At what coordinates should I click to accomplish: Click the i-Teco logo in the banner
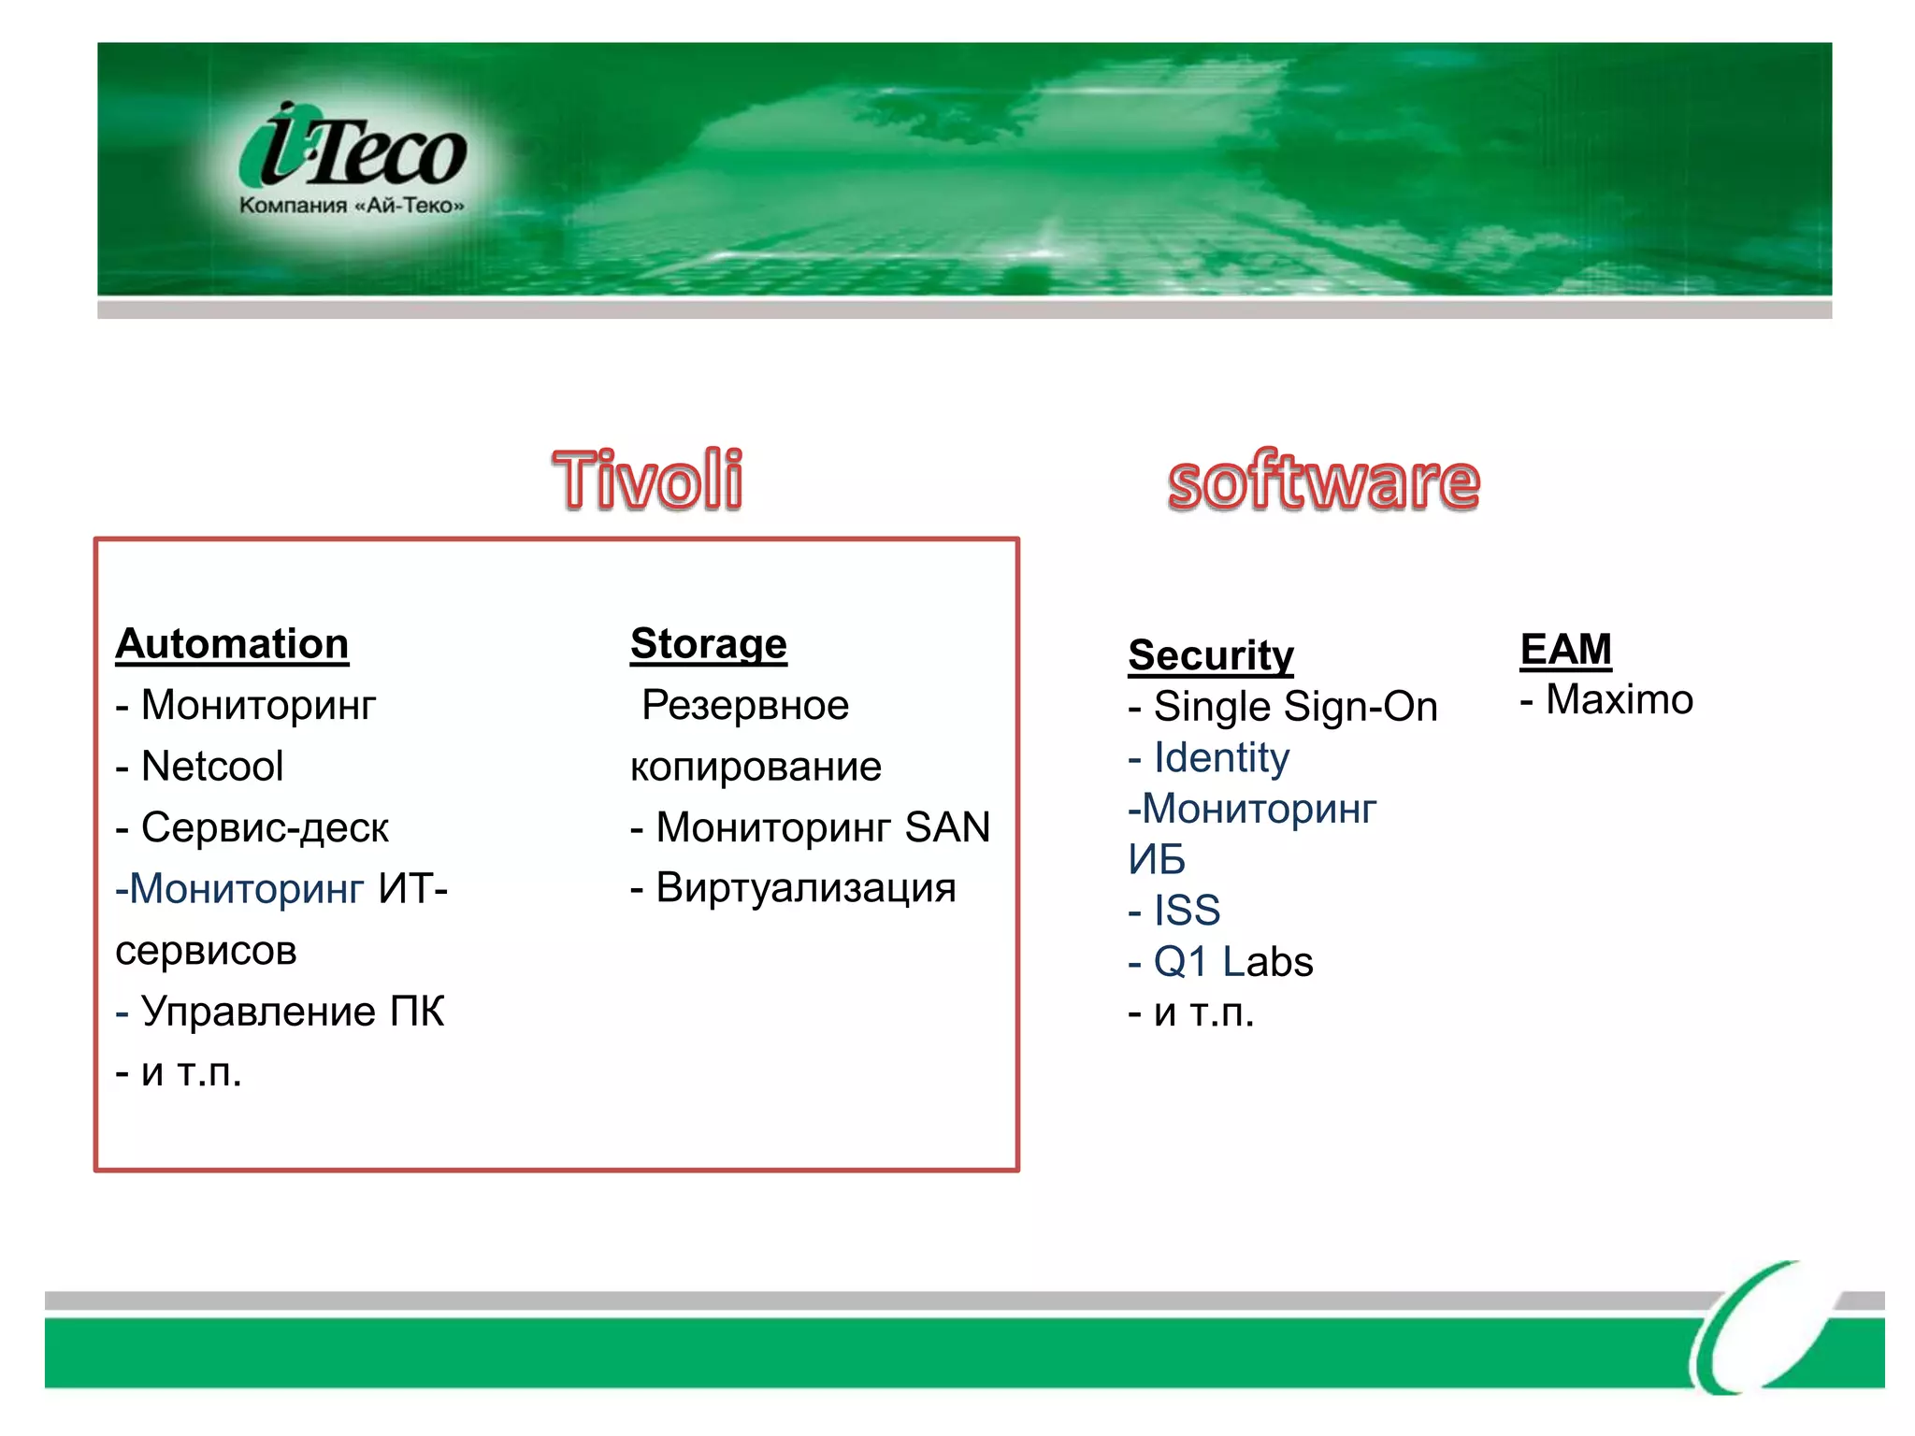[x=353, y=150]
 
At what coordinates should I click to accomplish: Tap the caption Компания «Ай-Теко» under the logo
[x=352, y=206]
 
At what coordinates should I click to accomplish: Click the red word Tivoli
[x=648, y=481]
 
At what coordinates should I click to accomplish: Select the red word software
[x=1323, y=482]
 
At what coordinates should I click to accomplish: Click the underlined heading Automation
[x=232, y=644]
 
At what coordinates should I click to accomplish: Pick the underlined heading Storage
[x=709, y=644]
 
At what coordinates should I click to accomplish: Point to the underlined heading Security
[x=1211, y=655]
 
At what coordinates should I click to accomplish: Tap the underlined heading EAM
[x=1565, y=649]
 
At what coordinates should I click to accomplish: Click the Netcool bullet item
[x=211, y=767]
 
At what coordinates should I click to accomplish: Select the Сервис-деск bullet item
[x=264, y=828]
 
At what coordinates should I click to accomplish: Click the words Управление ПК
[x=292, y=1012]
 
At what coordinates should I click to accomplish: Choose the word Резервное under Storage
[x=745, y=706]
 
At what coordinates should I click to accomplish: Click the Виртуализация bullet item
[x=805, y=888]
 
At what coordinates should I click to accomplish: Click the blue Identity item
[x=1220, y=758]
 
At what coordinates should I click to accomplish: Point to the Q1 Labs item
[x=1232, y=962]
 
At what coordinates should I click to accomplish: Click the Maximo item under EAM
[x=1619, y=700]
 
